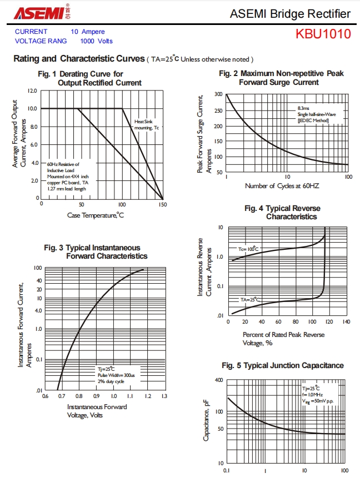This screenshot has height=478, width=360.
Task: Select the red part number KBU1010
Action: coord(323,34)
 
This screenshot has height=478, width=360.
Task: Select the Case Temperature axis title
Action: coord(96,215)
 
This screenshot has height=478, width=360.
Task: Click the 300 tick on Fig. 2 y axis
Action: coord(218,94)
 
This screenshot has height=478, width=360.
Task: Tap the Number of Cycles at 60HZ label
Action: coord(282,185)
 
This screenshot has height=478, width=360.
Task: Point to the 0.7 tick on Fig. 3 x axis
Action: coord(61,396)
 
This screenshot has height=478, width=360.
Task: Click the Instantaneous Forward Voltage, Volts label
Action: coord(97,411)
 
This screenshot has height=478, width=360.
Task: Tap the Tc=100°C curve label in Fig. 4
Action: coord(249,249)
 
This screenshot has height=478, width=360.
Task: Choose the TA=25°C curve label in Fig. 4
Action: coord(250,299)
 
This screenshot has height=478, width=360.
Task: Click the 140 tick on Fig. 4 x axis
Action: coord(346,321)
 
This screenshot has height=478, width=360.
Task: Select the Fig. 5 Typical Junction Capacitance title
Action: coord(283,365)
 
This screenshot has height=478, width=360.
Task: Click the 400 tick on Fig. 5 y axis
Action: coord(217,380)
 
